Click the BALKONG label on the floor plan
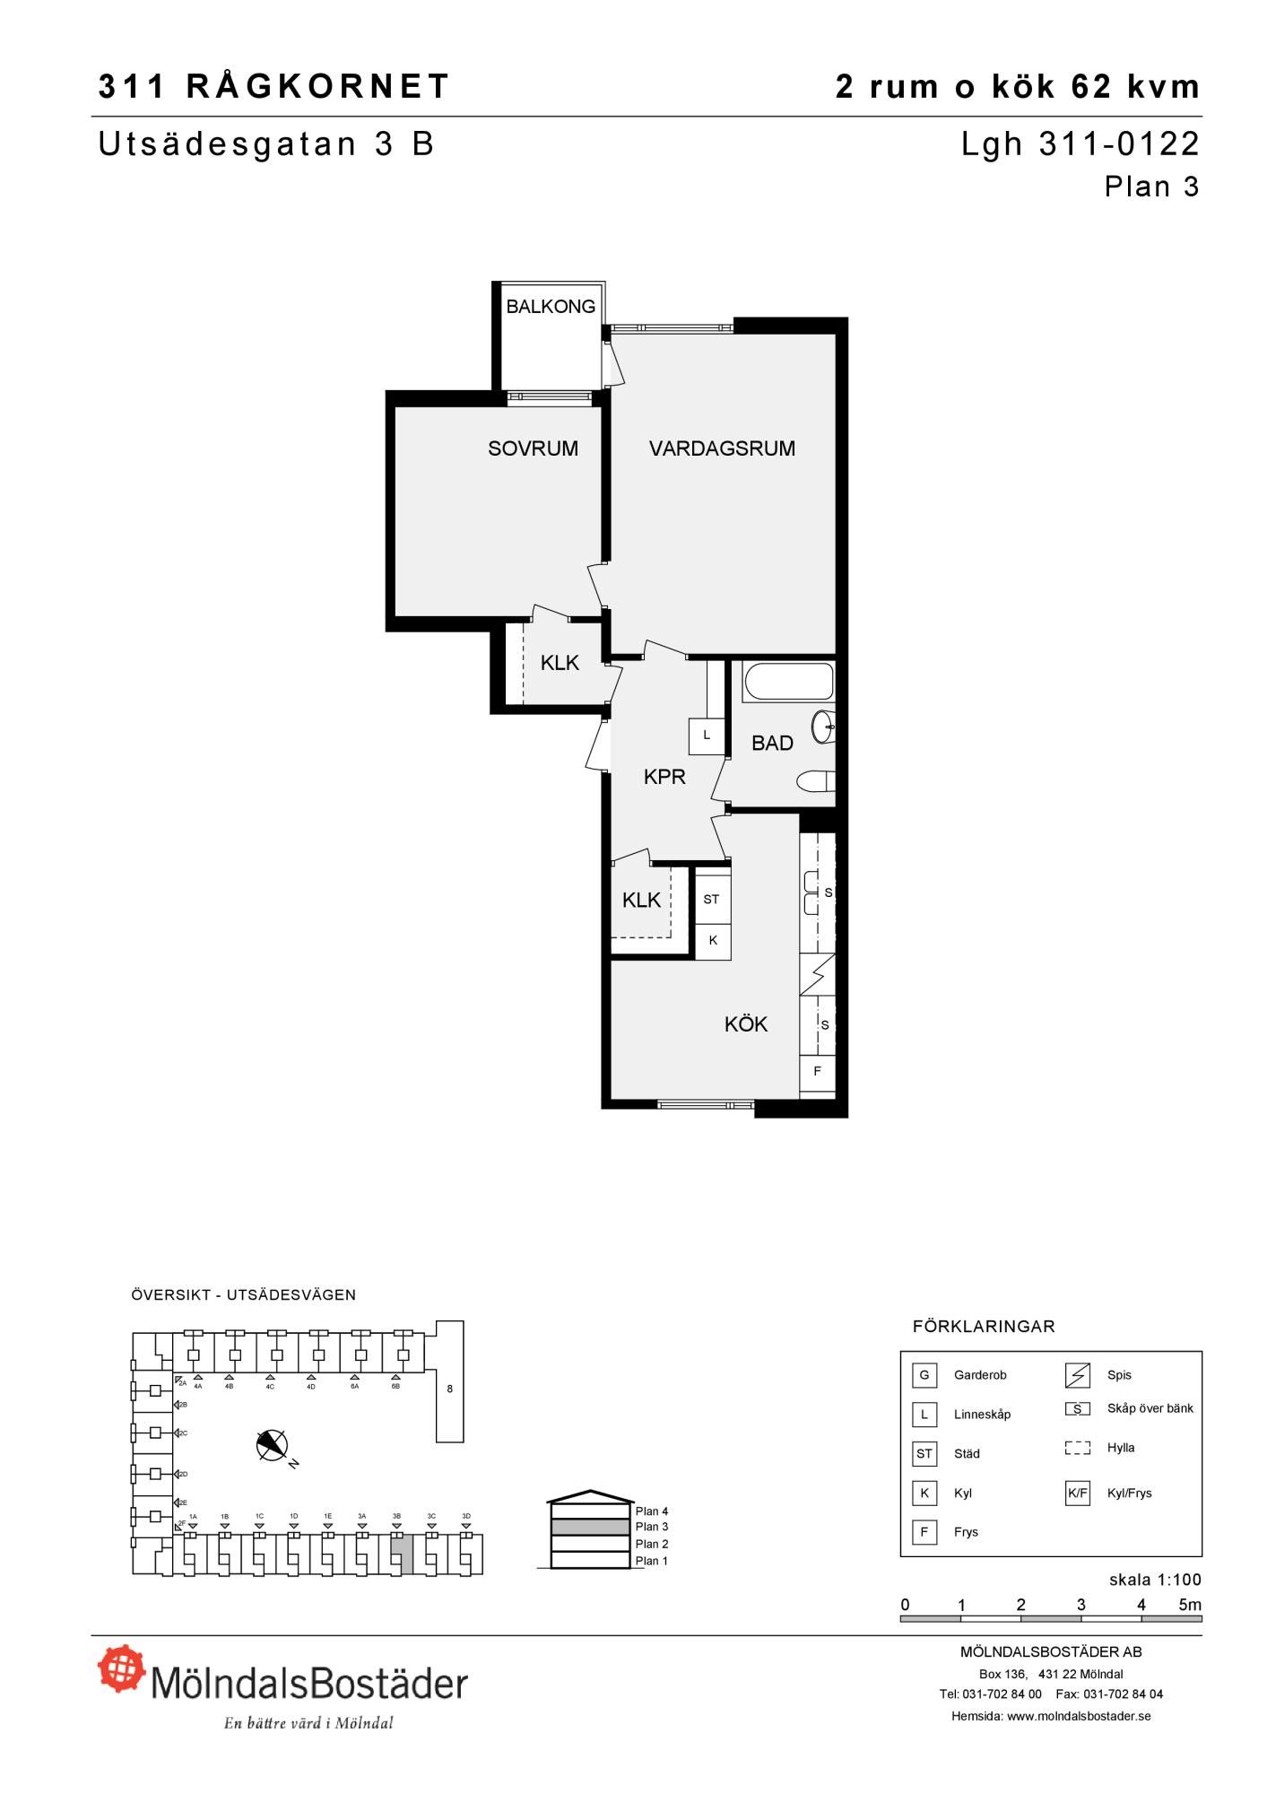(x=551, y=307)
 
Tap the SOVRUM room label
(x=533, y=448)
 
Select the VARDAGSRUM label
(x=722, y=448)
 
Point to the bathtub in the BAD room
(x=788, y=683)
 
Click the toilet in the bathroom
(x=816, y=781)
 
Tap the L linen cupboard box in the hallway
(x=707, y=736)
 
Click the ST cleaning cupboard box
(x=712, y=899)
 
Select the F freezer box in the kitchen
(x=817, y=1071)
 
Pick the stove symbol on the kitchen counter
(x=817, y=974)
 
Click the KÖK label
(x=746, y=1024)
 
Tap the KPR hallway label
(x=664, y=777)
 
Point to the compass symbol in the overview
(x=273, y=1445)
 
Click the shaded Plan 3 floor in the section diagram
(x=590, y=1527)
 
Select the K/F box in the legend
(x=1077, y=1494)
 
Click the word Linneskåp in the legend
(x=982, y=1415)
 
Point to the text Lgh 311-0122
(x=1080, y=144)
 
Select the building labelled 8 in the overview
(x=450, y=1381)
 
